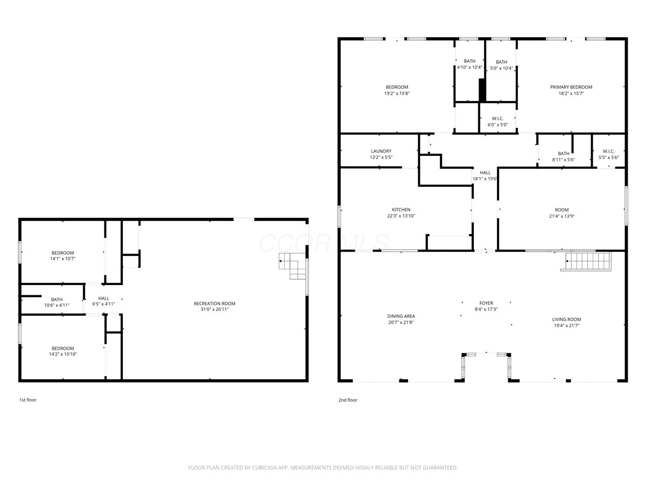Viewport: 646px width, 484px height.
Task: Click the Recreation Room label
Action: pos(214,303)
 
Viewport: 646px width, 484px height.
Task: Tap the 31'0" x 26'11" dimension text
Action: pos(214,309)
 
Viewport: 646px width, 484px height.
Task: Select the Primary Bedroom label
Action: pos(571,87)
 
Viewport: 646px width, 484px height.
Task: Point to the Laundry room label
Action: pos(381,151)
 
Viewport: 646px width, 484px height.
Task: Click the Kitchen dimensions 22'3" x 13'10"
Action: pos(401,216)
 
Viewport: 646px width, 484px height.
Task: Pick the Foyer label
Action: pos(486,303)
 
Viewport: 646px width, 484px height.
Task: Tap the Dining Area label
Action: pos(401,316)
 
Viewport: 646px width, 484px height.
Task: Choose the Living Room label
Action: pos(566,319)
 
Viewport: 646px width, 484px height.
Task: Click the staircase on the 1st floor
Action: pos(292,266)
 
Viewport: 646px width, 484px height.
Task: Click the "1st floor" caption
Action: pos(28,400)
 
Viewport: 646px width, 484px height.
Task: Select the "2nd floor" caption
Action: pos(348,400)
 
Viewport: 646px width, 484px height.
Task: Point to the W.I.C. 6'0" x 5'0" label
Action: pos(497,122)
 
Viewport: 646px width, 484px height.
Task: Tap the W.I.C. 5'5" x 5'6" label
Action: pos(609,154)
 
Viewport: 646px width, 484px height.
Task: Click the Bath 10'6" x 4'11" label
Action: pos(57,302)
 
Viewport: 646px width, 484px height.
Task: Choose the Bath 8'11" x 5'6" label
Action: pos(563,156)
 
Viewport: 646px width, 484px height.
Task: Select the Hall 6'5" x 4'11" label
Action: pos(103,301)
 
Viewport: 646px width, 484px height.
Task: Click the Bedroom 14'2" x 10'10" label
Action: pos(62,351)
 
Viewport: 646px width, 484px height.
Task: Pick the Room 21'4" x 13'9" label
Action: pos(561,213)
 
